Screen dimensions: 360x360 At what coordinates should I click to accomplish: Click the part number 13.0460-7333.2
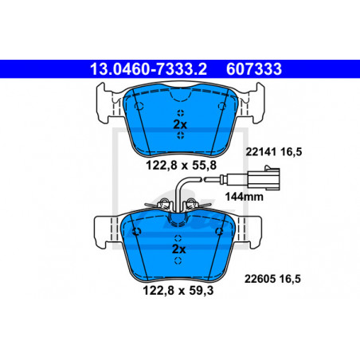pos(148,69)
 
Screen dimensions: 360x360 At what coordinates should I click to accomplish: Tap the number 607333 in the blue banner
pos(254,69)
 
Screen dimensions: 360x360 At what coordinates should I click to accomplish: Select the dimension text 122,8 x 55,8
pos(182,166)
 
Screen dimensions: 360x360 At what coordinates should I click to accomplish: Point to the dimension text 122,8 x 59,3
pos(178,291)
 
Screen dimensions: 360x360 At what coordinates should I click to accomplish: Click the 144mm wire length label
pos(245,197)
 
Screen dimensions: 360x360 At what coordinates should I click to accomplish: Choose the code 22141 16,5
pos(274,152)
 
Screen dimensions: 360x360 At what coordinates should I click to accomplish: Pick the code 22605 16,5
pos(272,279)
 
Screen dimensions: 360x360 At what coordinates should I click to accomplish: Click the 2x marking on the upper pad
pos(180,124)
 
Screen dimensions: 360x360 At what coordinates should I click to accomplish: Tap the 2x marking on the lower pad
pos(178,249)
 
